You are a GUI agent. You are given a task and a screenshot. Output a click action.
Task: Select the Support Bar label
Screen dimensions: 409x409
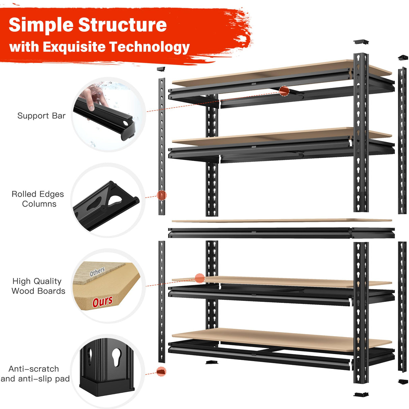click(x=41, y=116)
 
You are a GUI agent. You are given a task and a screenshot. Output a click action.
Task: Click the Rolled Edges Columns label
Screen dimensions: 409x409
click(x=38, y=199)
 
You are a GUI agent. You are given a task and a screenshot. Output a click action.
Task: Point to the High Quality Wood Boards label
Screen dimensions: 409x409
click(x=38, y=286)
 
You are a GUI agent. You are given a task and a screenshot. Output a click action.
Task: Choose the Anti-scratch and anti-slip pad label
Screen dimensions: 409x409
click(x=35, y=374)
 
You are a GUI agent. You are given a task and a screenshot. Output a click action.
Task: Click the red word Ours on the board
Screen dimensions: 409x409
click(x=102, y=301)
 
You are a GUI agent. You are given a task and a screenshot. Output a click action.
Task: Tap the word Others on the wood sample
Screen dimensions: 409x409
click(x=97, y=272)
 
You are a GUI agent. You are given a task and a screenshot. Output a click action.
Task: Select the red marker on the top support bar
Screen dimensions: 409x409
click(x=284, y=91)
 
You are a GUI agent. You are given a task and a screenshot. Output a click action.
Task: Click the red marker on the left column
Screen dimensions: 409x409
click(x=162, y=195)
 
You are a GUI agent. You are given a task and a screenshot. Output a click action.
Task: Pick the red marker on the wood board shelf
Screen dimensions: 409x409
click(x=200, y=278)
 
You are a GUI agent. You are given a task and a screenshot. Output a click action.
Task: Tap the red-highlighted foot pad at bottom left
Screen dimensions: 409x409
click(x=161, y=372)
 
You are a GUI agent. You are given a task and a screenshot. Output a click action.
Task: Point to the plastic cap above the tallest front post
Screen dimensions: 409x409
click(x=361, y=42)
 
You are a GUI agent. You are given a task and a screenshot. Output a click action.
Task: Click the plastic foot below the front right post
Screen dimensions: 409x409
click(x=361, y=395)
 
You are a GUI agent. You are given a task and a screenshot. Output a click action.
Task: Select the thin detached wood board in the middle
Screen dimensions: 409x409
click(x=282, y=221)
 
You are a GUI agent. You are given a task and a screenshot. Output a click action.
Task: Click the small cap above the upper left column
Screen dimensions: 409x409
click(x=161, y=69)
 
